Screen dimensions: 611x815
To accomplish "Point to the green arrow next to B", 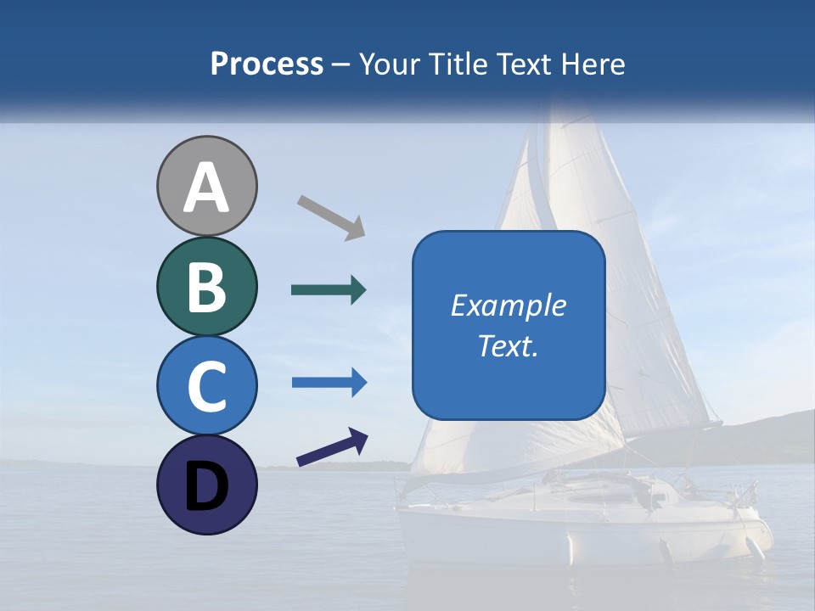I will pyautogui.click(x=329, y=290).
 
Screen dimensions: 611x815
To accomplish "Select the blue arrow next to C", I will pyautogui.click(x=329, y=383).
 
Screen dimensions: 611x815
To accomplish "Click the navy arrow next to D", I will pyautogui.click(x=332, y=448).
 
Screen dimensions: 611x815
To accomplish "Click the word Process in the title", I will pyautogui.click(x=267, y=64).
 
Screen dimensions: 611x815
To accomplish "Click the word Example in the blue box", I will pyautogui.click(x=508, y=305).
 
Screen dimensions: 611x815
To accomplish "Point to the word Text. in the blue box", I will pyautogui.click(x=508, y=345).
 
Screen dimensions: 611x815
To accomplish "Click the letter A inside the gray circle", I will pyautogui.click(x=206, y=188).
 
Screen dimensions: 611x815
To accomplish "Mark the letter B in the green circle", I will pyautogui.click(x=206, y=287).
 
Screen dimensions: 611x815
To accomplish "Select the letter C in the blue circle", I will pyautogui.click(x=206, y=386).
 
